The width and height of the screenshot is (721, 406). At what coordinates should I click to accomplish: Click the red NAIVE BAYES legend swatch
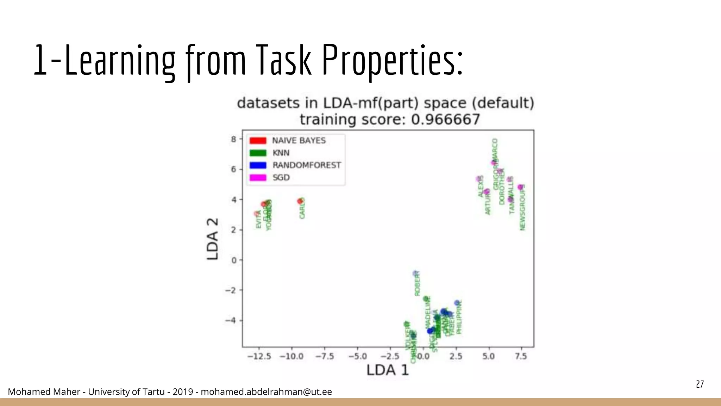coord(258,140)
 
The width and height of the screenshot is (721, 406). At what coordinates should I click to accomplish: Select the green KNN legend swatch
coord(258,153)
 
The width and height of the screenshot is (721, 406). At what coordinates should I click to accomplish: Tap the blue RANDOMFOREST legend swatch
coord(258,165)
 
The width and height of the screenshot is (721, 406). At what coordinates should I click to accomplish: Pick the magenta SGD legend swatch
coord(258,178)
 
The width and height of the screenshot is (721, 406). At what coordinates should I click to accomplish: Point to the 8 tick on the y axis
coord(234,139)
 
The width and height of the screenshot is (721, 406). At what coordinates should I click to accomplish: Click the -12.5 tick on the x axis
coord(259,356)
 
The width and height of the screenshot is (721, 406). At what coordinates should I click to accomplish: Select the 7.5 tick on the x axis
coord(521,356)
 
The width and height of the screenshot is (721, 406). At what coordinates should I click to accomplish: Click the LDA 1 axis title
coord(387,370)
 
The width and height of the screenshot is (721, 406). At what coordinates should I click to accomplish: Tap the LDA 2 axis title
coord(213,239)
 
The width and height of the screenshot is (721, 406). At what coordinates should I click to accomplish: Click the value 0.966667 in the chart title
coord(445,119)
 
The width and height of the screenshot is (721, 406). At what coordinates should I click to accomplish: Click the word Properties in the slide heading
coord(393,60)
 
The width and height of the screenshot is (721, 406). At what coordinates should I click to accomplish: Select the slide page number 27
coord(700,384)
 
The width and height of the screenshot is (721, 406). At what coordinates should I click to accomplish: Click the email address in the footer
coord(266,392)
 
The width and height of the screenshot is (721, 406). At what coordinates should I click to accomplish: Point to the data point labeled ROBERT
coord(415,273)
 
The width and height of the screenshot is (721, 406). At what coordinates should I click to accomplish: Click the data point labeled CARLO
coord(300,201)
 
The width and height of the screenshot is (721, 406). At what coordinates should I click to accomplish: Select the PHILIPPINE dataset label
coord(459,317)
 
